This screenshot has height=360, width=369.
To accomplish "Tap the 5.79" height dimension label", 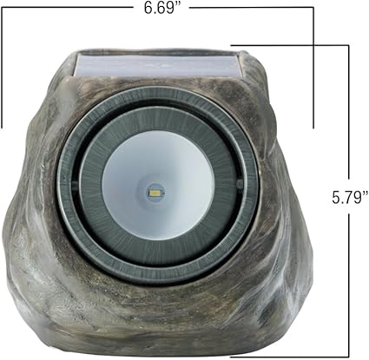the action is point(350,198).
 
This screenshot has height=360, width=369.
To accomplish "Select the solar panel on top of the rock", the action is point(158,65).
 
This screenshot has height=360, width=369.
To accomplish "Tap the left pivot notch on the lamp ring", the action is point(75,185).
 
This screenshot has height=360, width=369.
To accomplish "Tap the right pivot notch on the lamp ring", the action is point(241,184).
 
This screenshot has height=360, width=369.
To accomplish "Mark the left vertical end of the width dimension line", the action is point(2,68).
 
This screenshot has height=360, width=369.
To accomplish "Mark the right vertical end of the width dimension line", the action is point(313,68).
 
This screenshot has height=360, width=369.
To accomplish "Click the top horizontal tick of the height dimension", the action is point(290,45).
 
